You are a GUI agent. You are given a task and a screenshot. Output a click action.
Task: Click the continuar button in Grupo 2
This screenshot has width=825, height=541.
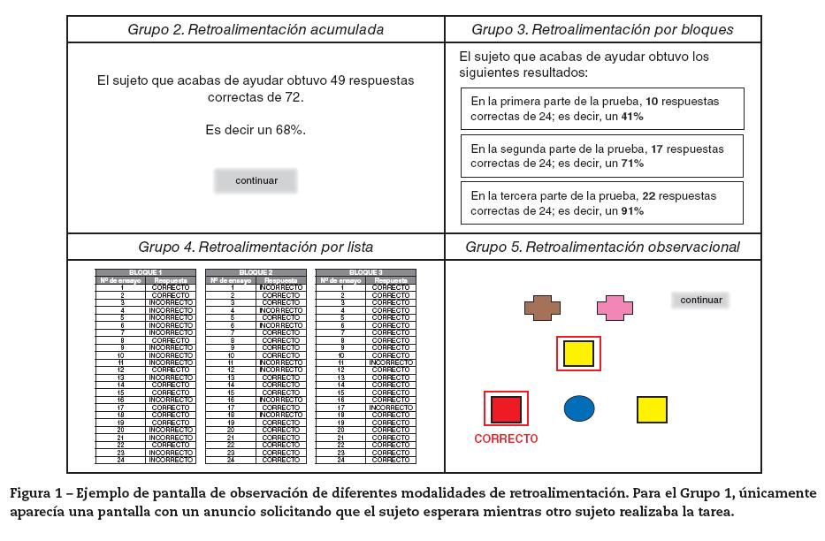(x=256, y=181)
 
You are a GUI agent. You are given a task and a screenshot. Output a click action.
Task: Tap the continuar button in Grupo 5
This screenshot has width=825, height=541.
(x=700, y=300)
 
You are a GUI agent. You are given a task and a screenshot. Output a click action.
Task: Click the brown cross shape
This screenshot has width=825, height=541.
(x=542, y=308)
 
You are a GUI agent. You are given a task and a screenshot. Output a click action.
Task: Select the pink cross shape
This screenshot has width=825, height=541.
(x=615, y=308)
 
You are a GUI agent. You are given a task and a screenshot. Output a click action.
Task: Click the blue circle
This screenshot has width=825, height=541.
(x=579, y=408)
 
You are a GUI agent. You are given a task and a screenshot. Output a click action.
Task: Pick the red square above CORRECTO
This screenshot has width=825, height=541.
(x=506, y=409)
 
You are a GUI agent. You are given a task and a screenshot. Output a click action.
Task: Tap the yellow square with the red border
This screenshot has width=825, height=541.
(x=578, y=354)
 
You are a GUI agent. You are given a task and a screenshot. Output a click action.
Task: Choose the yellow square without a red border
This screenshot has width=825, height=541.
(x=652, y=409)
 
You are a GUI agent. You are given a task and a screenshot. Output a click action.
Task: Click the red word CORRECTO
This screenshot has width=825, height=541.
(x=506, y=438)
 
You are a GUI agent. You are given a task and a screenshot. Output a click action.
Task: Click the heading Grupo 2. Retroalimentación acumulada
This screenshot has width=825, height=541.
(x=256, y=29)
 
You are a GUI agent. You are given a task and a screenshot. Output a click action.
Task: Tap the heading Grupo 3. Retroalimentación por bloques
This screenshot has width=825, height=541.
(x=602, y=29)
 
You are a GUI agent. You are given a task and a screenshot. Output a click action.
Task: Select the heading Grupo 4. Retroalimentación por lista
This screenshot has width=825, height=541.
(x=256, y=247)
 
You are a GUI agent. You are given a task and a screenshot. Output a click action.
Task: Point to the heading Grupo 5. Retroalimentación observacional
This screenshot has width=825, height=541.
(x=602, y=247)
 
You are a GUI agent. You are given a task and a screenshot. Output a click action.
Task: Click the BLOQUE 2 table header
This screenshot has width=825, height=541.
(x=256, y=272)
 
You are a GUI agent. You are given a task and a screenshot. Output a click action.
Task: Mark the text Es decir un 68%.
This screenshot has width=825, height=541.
(x=256, y=129)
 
